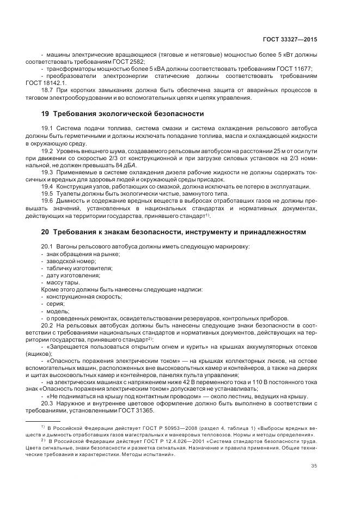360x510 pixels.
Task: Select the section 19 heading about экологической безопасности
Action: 123,114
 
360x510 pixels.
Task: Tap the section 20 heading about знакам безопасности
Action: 174,232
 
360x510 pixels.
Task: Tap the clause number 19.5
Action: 47,193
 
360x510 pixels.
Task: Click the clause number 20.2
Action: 47,325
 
